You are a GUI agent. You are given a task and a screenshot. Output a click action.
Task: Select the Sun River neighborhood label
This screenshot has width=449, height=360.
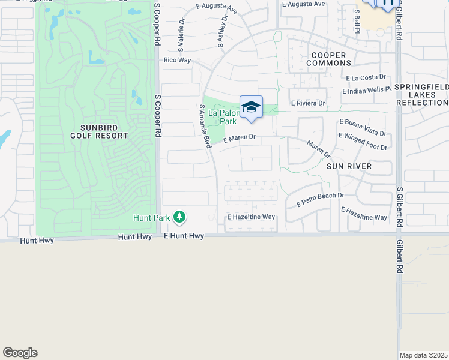click(x=350, y=166)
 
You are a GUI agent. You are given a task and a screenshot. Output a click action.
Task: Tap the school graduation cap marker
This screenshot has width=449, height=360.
click(x=251, y=107)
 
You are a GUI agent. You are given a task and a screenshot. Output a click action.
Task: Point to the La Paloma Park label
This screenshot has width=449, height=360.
click(x=224, y=116)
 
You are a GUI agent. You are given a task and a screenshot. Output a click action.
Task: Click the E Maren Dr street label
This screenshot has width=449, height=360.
click(x=240, y=139)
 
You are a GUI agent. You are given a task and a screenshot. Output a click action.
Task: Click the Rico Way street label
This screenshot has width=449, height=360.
click(x=177, y=60)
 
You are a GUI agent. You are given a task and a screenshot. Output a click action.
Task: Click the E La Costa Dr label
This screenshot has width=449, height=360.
click(x=366, y=77)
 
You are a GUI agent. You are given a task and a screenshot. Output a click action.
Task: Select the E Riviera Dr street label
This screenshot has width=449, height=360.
click(x=308, y=103)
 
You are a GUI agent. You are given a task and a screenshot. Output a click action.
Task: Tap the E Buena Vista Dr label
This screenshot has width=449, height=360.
click(x=363, y=127)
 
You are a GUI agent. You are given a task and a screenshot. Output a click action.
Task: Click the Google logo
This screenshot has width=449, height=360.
click(x=20, y=353)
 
